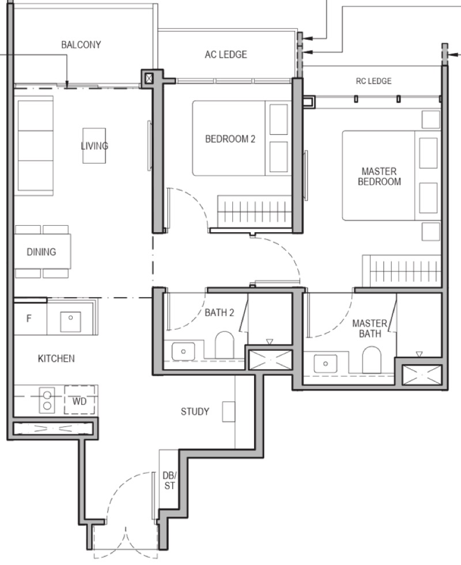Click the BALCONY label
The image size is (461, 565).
click(81, 45)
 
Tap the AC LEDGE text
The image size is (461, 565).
click(226, 54)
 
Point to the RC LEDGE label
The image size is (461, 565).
click(374, 81)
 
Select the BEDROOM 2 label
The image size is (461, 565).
click(230, 139)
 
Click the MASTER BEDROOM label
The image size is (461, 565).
click(379, 176)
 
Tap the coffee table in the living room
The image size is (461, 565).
click(94, 146)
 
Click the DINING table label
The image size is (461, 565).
click(41, 252)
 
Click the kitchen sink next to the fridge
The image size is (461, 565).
click(71, 321)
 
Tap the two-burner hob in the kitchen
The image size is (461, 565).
click(47, 400)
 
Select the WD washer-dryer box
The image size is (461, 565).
click(80, 400)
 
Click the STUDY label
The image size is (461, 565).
click(195, 411)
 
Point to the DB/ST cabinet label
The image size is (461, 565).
click(169, 481)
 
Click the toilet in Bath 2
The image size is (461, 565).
click(225, 345)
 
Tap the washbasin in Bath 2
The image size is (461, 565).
click(183, 351)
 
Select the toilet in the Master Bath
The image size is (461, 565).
click(371, 360)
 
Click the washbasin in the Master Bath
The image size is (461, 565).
click(326, 363)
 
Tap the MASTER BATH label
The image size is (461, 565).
click(370, 328)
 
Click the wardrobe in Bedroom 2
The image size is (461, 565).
click(254, 211)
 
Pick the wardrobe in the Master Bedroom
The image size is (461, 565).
click(402, 271)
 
